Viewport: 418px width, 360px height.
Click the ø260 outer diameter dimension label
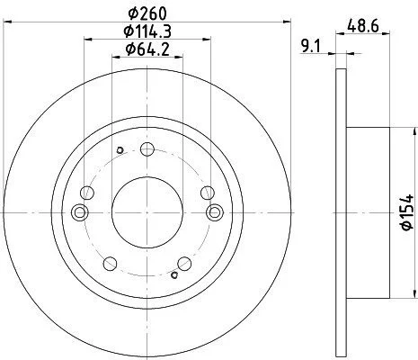point(147,13)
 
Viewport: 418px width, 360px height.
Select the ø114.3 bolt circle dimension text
point(147,31)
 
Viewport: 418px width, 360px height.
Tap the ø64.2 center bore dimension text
point(147,49)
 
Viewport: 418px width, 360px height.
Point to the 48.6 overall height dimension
point(363,25)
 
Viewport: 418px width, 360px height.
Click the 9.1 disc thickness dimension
point(311,47)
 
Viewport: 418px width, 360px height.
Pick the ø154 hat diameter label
point(407,212)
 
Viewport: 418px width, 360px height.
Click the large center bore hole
point(147,212)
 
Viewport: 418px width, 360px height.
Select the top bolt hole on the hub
point(147,149)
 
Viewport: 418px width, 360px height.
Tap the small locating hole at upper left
point(120,150)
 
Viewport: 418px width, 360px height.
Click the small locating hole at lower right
point(174,274)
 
